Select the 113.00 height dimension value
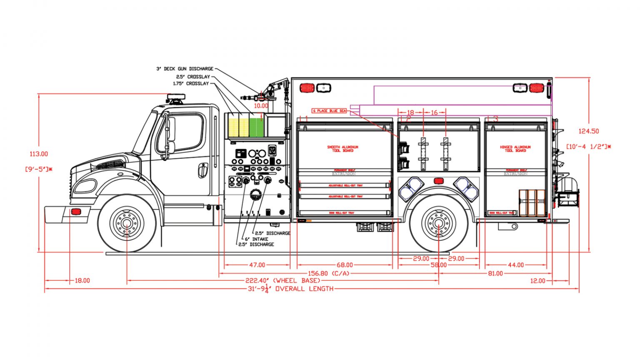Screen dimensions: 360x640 coord(38,154)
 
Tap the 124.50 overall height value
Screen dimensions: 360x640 coord(588,131)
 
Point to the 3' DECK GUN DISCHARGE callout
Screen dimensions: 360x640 coord(185,69)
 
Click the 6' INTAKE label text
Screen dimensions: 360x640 coord(256,239)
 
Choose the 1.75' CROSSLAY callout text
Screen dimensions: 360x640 coord(191,84)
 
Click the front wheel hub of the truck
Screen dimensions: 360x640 coord(127,223)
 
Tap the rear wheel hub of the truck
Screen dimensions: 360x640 coord(438,223)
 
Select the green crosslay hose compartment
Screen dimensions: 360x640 coord(257,125)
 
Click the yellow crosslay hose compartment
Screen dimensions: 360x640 coord(238,125)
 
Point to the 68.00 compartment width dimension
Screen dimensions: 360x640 coord(345,265)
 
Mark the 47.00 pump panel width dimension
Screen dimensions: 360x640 coord(257,265)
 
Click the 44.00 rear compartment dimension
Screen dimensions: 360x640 coord(515,265)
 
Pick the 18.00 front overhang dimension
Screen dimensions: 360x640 coord(82,281)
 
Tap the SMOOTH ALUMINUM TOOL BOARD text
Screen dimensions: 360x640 coord(342,149)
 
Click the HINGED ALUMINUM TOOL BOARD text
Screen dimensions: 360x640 coord(515,149)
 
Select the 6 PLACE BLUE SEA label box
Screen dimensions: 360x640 coord(330,111)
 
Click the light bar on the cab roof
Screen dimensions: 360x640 coord(175,98)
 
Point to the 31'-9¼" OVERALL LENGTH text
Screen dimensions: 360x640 coord(290,289)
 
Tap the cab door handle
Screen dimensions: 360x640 coord(203,170)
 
